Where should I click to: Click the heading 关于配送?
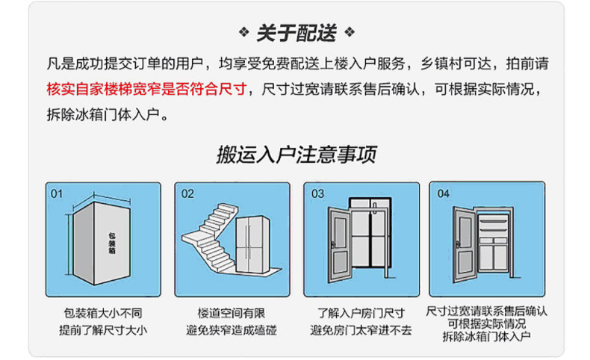tap(296, 33)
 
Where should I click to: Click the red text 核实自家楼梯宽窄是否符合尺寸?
tap(146, 89)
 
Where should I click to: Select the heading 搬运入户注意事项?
tap(296, 155)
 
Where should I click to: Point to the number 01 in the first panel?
tap(58, 193)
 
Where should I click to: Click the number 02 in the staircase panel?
tap(187, 193)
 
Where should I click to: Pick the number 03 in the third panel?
tap(317, 193)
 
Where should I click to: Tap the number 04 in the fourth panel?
tap(444, 193)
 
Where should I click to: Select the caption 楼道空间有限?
tap(232, 314)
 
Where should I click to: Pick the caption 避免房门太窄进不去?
tap(361, 330)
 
